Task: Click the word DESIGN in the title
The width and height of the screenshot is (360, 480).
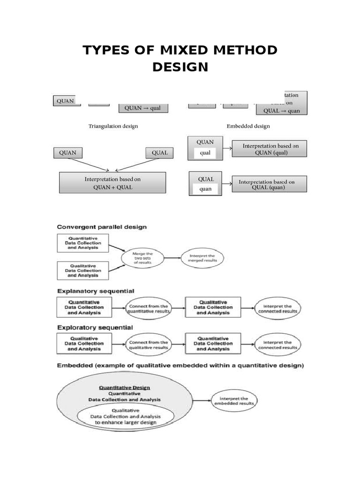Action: [x=180, y=67]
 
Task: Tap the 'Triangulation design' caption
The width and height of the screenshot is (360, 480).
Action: [x=113, y=126]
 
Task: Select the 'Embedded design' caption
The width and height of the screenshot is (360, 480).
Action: [x=248, y=126]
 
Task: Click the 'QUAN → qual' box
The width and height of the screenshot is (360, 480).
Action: [x=142, y=107]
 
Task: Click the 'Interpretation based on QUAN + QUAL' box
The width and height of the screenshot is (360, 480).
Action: [x=112, y=183]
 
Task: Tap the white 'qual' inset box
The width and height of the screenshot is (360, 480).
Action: [x=205, y=152]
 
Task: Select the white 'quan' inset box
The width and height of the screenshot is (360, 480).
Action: [x=205, y=189]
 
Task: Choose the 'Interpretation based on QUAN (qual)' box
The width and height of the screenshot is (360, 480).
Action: [x=270, y=150]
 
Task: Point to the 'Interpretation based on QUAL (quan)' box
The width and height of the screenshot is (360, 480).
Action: [x=267, y=184]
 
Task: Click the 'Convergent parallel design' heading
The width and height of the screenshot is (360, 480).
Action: [x=102, y=227]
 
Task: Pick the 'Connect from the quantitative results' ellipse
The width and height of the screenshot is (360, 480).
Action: [x=148, y=307]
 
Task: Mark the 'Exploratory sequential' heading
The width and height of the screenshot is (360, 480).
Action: [x=95, y=327]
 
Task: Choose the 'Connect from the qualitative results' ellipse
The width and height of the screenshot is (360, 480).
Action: [x=148, y=345]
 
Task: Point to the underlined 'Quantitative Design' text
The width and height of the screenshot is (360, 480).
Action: [x=124, y=388]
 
